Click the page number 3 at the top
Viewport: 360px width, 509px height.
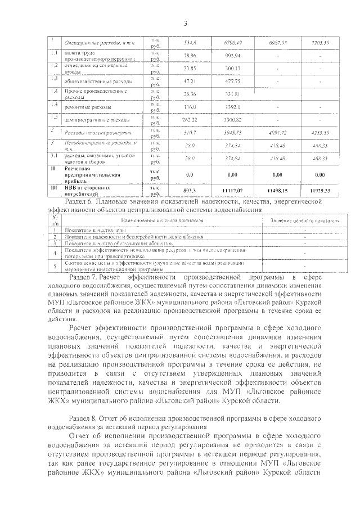point(184,22)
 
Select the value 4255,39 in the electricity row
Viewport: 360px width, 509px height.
point(325,132)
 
